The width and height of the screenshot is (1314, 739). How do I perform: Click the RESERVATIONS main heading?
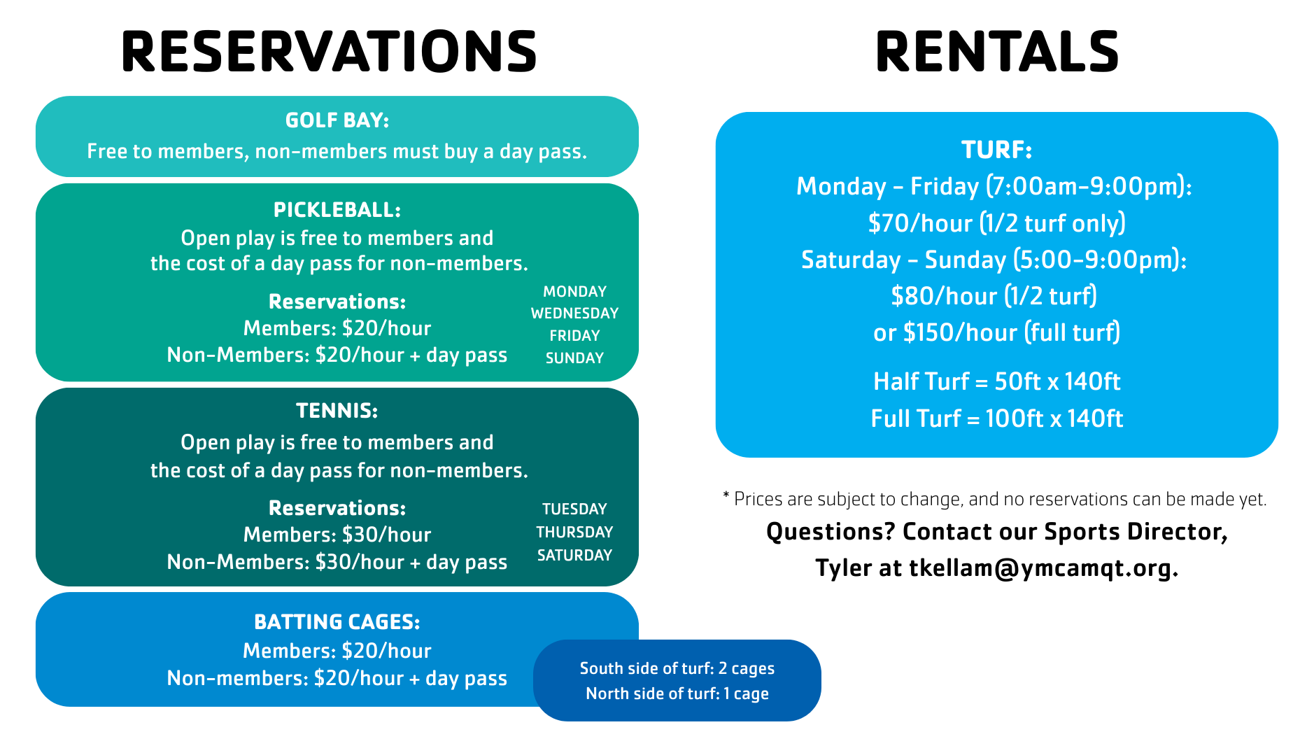click(x=329, y=52)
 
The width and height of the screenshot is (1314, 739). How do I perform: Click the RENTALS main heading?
click(x=997, y=52)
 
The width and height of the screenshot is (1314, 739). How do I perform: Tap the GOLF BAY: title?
click(x=337, y=120)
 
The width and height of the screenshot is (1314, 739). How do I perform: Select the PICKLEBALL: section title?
click(x=337, y=210)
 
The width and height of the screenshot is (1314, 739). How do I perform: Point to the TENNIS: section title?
click(x=337, y=411)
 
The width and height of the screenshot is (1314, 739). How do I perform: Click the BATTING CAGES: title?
click(x=337, y=622)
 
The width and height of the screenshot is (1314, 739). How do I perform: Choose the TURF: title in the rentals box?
click(x=997, y=150)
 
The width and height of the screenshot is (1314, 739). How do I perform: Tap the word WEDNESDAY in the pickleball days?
click(x=574, y=314)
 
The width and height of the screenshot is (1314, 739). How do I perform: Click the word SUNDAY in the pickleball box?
click(x=574, y=358)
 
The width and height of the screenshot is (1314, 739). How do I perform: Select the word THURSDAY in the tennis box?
click(x=574, y=533)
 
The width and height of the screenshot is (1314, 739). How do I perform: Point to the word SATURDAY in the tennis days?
click(x=574, y=556)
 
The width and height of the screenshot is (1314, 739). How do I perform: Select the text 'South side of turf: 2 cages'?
click(x=677, y=668)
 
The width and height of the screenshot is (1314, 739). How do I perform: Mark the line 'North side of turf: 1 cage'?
click(x=677, y=694)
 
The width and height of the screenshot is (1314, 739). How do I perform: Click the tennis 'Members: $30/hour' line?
click(x=337, y=535)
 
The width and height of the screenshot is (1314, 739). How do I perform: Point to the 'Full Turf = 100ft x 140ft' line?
click(x=997, y=418)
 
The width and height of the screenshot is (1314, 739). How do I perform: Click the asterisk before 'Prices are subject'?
click(x=726, y=496)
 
